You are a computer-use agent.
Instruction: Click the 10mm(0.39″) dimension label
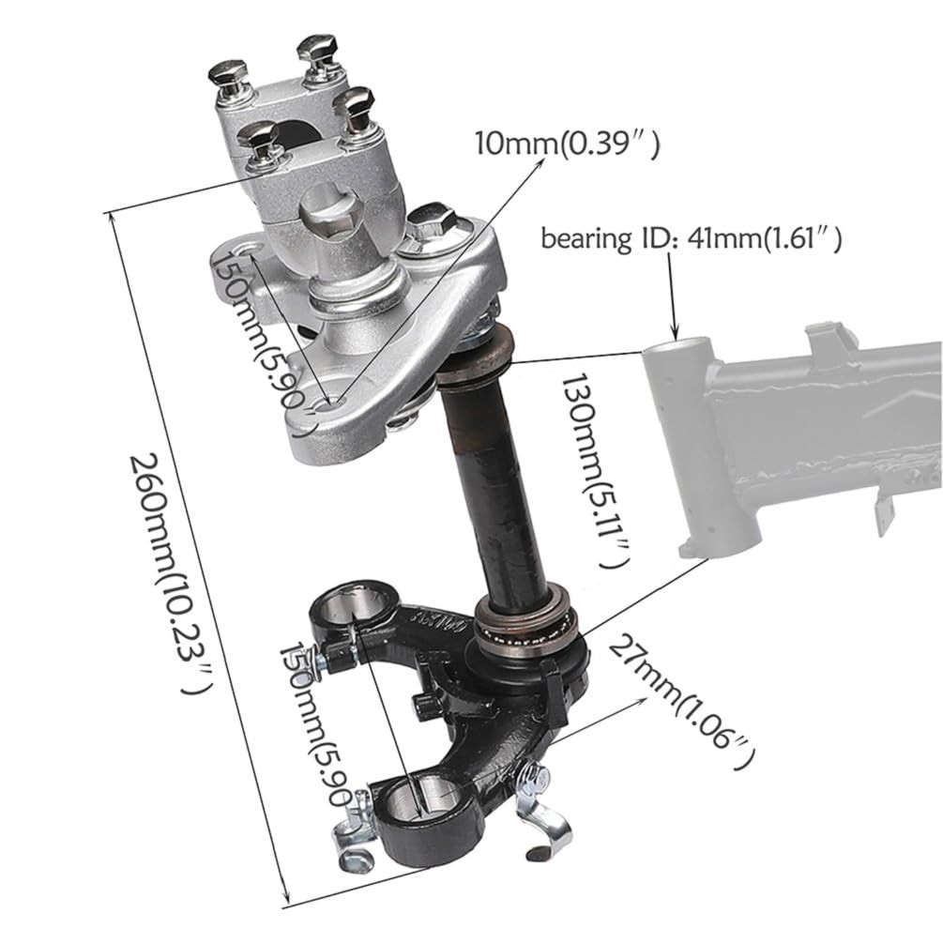pos(567,144)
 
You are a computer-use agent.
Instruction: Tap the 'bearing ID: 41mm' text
pos(691,239)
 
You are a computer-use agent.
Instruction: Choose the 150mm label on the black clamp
pos(324,722)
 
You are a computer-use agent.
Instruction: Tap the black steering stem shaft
pos(483,488)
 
